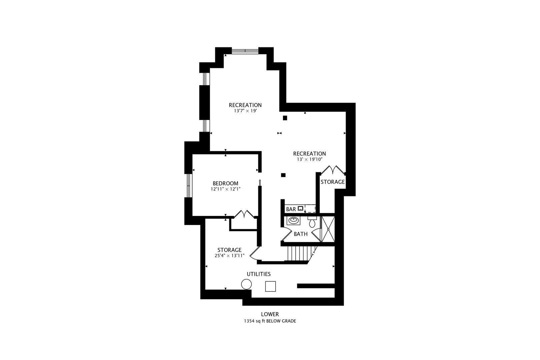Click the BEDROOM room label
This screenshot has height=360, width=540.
225,183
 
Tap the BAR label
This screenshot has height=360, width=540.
291,209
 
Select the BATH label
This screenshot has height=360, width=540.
300,234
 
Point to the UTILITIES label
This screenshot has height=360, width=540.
258,274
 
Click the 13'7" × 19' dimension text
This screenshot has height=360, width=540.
245,111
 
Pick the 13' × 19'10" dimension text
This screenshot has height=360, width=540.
309,159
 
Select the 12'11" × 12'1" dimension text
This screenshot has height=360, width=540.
225,189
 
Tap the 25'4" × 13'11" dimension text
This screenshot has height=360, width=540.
229,256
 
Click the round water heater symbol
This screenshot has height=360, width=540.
246,285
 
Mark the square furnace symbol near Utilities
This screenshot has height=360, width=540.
270,286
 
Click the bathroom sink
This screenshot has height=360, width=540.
293,220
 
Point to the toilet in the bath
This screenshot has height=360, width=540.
312,222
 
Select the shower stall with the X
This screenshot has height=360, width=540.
327,229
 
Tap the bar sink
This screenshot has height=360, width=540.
301,209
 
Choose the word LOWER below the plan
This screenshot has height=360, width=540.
270,314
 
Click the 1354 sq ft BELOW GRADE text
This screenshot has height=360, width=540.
270,321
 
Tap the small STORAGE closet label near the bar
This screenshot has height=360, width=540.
332,182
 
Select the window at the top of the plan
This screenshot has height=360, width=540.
245,51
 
